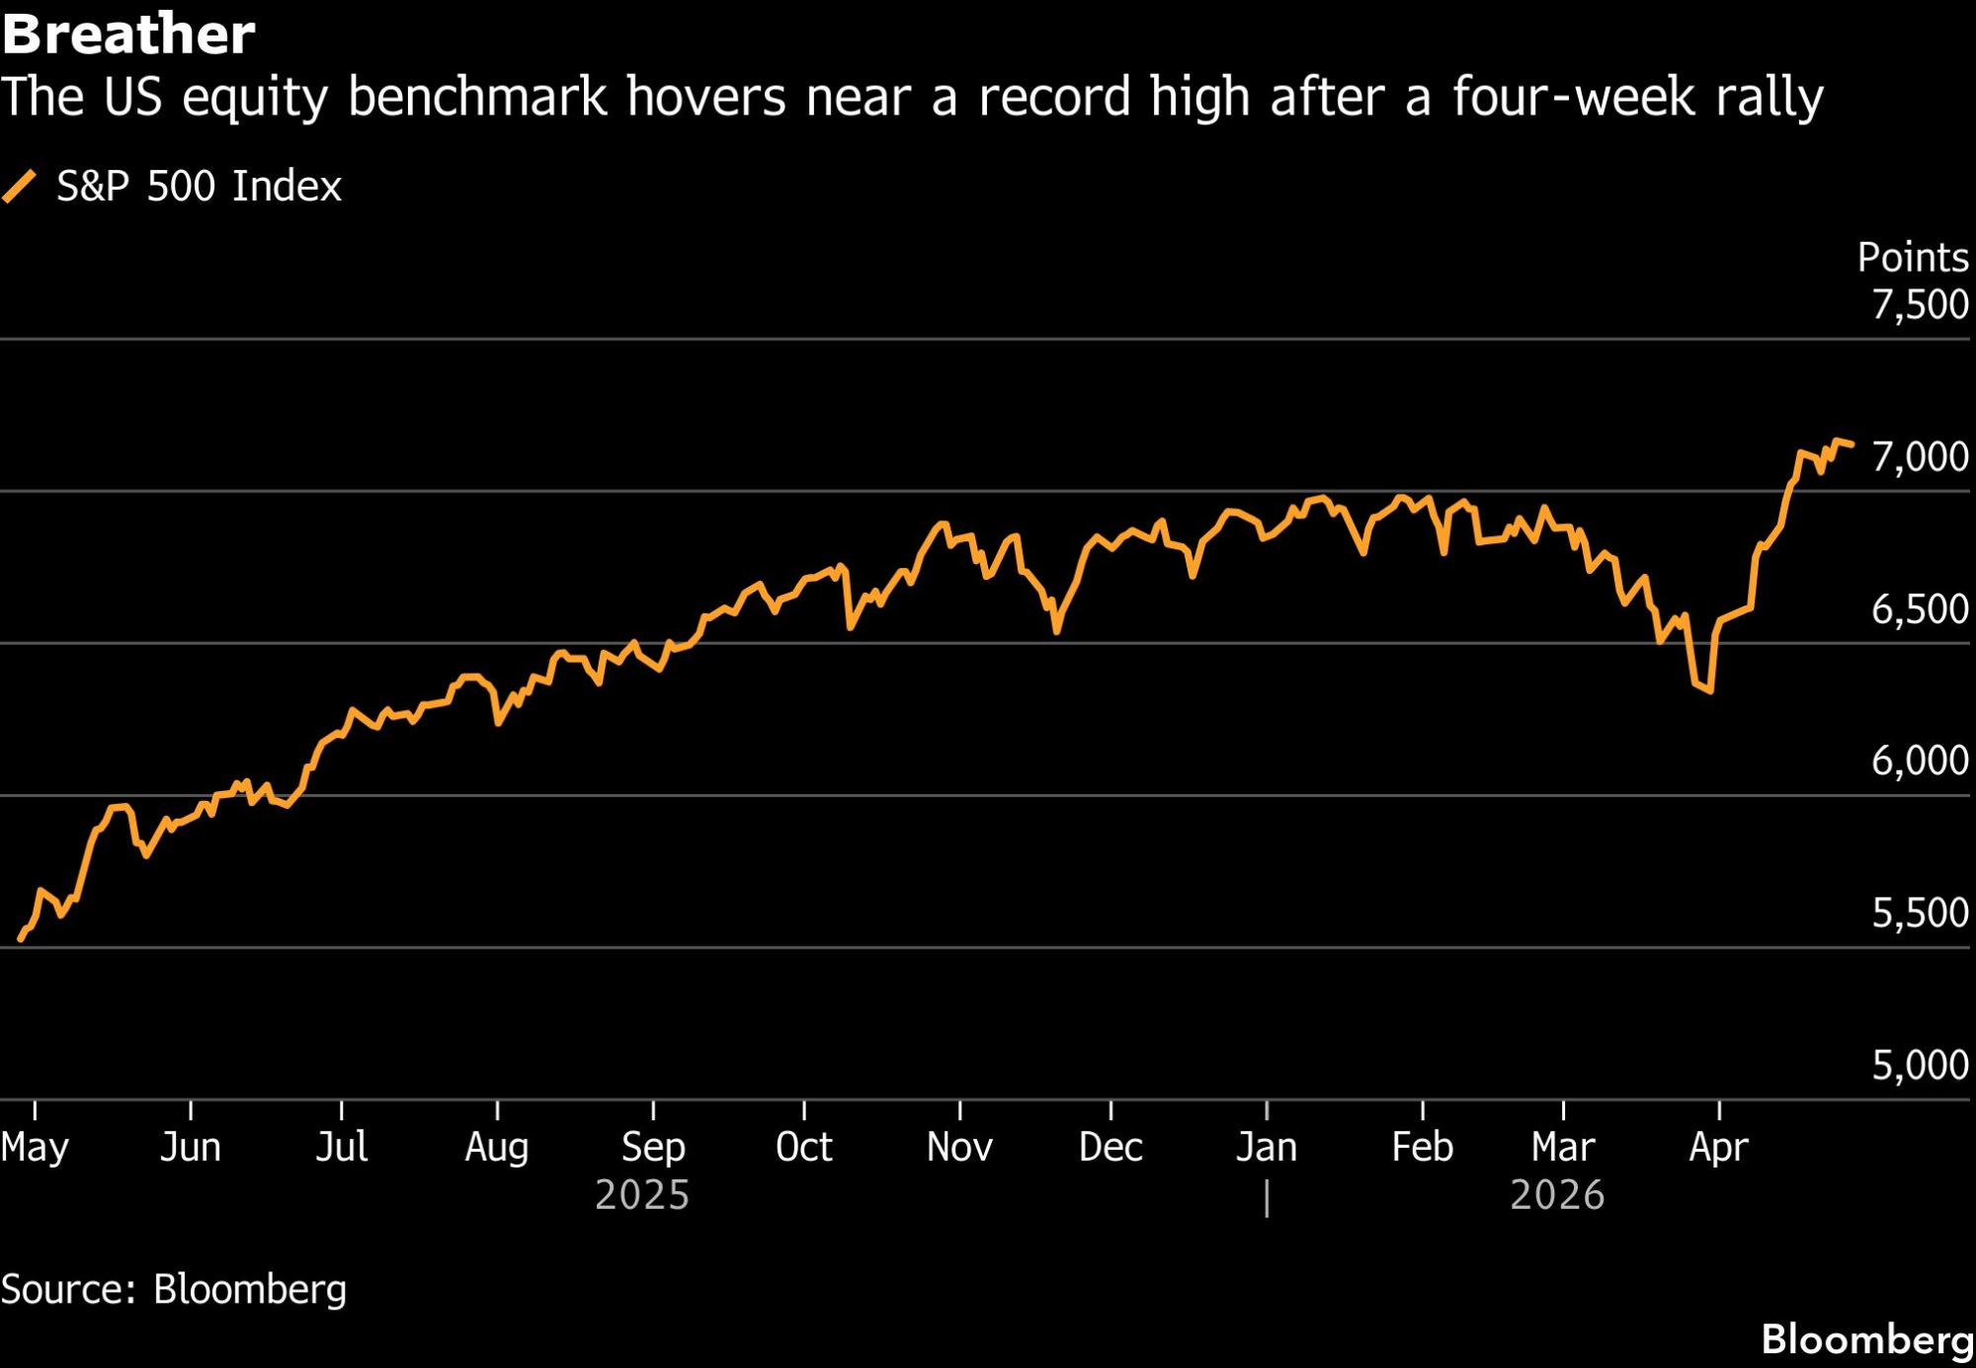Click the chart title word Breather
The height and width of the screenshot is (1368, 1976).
(128, 34)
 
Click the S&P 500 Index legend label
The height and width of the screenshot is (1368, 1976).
(199, 187)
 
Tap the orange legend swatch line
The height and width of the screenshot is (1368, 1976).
(20, 187)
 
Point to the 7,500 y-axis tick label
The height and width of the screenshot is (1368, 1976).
(1919, 304)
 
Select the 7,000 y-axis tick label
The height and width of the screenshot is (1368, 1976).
(1919, 457)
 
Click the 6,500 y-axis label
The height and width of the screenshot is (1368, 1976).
(1919, 609)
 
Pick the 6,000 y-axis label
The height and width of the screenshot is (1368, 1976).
(1919, 761)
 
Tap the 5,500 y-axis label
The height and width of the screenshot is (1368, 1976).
(1919, 913)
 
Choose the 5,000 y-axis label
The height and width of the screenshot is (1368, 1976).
(1919, 1065)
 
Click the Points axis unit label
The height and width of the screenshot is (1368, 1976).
(1912, 258)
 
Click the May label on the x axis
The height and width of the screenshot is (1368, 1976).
(35, 1148)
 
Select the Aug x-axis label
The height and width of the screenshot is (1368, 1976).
(497, 1148)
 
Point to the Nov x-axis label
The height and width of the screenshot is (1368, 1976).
(959, 1148)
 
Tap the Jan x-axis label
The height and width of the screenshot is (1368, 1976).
(1266, 1148)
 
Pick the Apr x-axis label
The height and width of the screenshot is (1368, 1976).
(1718, 1148)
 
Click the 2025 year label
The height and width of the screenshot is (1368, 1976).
(642, 1195)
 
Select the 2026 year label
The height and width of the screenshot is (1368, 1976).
(1557, 1195)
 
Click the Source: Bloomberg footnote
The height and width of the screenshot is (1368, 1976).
(174, 1289)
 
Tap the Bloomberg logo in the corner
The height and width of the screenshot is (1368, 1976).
(1866, 1339)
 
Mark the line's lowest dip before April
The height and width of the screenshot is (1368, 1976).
(1709, 689)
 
